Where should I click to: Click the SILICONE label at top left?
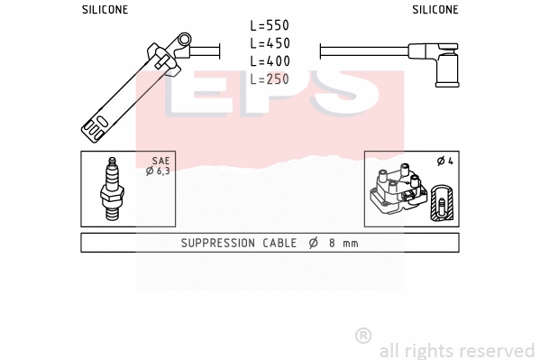tap(105, 9)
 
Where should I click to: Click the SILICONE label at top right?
tap(435, 9)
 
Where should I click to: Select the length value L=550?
tap(270, 26)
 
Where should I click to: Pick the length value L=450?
tap(270, 43)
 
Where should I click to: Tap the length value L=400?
tap(270, 60)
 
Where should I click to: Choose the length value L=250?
tap(270, 78)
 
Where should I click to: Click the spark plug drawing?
tap(113, 189)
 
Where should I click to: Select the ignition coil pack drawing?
tap(397, 191)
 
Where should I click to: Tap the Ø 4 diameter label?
tap(444, 162)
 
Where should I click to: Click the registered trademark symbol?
tap(363, 336)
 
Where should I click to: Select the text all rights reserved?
tap(456, 350)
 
